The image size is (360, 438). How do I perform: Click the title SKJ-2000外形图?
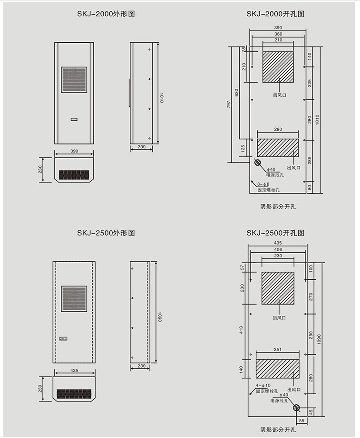(106, 14)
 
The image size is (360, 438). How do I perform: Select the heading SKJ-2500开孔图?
(275, 233)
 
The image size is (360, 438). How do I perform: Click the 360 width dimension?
(278, 34)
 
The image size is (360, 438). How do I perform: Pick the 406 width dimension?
(278, 249)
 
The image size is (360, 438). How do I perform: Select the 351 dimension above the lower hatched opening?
(278, 350)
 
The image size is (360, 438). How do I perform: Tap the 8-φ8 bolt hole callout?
(263, 184)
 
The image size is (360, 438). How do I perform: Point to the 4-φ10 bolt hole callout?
(263, 385)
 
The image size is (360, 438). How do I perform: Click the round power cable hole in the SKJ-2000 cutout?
(258, 163)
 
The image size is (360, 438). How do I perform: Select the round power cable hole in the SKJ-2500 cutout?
(296, 408)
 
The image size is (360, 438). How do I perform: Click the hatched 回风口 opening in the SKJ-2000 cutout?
(278, 67)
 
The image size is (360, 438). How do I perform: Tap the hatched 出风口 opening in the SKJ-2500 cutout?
(278, 369)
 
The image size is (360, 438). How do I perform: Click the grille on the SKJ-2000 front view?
(74, 79)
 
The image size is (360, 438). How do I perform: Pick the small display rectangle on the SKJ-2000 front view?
(74, 119)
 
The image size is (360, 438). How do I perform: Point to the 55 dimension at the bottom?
(301, 421)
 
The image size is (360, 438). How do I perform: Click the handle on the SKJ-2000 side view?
(129, 93)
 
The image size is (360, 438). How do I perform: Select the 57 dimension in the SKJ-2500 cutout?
(242, 267)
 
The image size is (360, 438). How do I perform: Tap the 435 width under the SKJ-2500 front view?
(74, 371)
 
